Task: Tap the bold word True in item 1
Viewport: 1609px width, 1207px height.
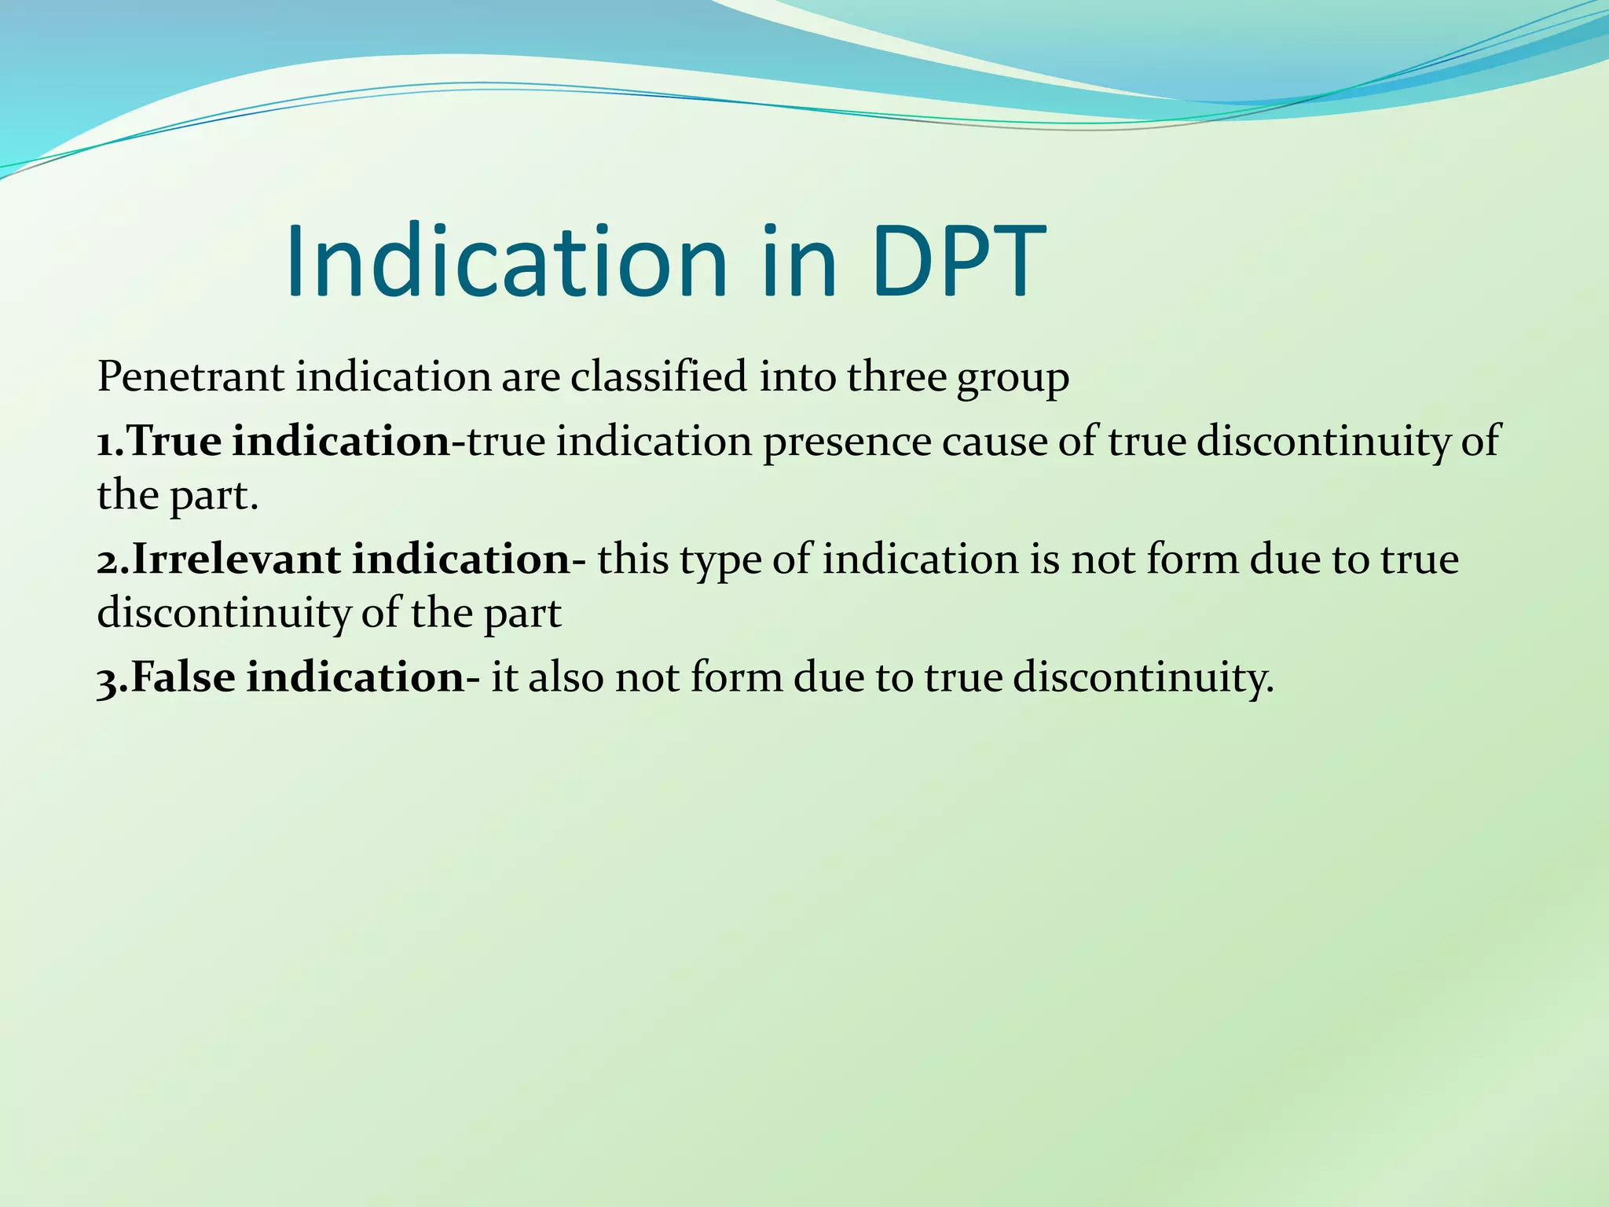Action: click(174, 441)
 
